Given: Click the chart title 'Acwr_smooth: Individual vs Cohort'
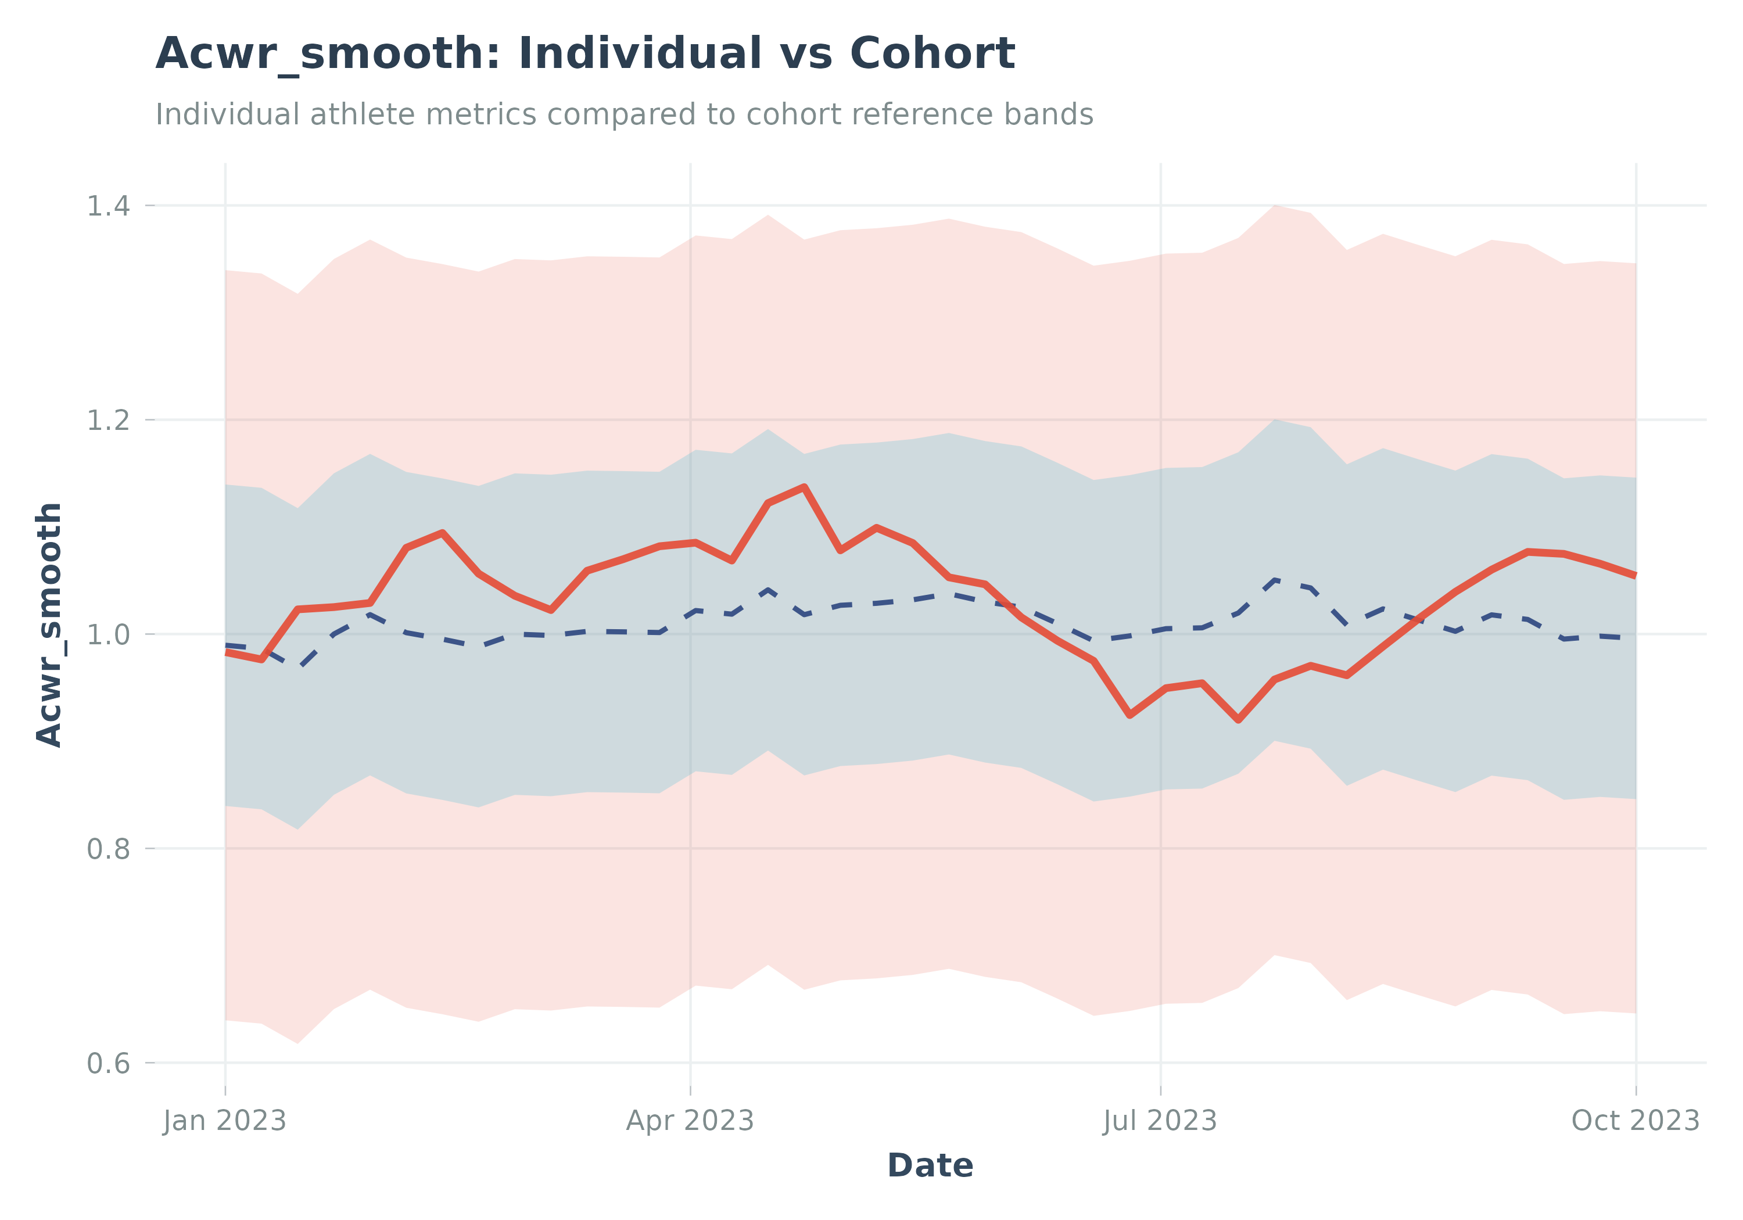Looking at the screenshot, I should (x=584, y=54).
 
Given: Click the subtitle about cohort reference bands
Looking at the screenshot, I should (x=624, y=114).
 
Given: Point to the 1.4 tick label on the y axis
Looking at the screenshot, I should (x=109, y=206).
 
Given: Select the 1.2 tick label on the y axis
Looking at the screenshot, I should (x=109, y=420).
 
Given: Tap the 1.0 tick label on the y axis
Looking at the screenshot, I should (x=109, y=634).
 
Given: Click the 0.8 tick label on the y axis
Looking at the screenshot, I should (x=109, y=848).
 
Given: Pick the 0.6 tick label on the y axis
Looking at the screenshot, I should (x=109, y=1063).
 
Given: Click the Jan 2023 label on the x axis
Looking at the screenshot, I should (x=225, y=1121).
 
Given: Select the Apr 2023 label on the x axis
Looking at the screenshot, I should (x=690, y=1121).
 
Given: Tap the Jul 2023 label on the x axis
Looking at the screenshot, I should (x=1160, y=1121).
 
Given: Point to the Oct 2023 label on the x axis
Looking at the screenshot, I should (x=1635, y=1121).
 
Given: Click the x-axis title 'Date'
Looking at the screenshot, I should (x=930, y=1165).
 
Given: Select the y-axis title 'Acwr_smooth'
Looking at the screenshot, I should (x=50, y=624).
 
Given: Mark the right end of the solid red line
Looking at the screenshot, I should (x=1635, y=576).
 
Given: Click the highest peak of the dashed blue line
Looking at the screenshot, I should (x=1275, y=579).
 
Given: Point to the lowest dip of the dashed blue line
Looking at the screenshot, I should (x=302, y=666).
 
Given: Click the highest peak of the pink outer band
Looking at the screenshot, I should (x=1275, y=205).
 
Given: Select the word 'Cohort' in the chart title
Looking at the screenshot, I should (x=933, y=54).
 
